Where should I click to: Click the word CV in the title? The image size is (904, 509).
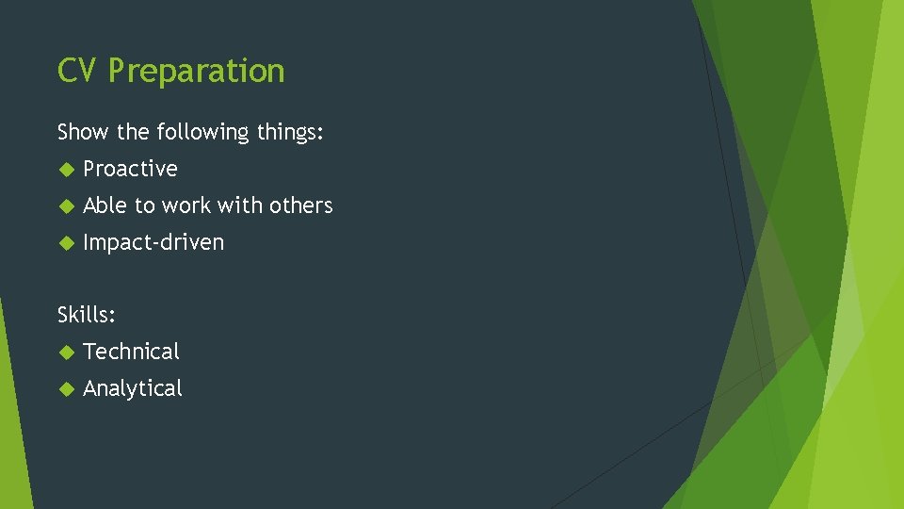pyautogui.click(x=76, y=71)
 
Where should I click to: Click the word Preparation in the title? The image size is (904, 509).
pyautogui.click(x=196, y=72)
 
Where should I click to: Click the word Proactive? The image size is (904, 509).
pyautogui.click(x=130, y=169)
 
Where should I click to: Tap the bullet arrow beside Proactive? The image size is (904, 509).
pyautogui.click(x=65, y=170)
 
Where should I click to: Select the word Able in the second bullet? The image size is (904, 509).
pyautogui.click(x=105, y=205)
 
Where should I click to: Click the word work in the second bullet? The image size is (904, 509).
pyautogui.click(x=186, y=205)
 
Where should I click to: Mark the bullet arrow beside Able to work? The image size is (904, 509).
pyautogui.click(x=65, y=206)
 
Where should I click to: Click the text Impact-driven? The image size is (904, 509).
pyautogui.click(x=153, y=242)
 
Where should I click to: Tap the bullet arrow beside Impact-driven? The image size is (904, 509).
pyautogui.click(x=65, y=243)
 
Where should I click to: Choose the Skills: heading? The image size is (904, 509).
pyautogui.click(x=87, y=315)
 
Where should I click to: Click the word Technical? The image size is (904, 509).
pyautogui.click(x=131, y=352)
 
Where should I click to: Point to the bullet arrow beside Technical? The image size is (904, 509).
pyautogui.click(x=65, y=353)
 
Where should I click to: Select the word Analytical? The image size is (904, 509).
pyautogui.click(x=133, y=388)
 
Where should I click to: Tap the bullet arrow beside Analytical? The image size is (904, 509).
pyautogui.click(x=65, y=389)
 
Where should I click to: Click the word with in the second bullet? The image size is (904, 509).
pyautogui.click(x=239, y=205)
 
